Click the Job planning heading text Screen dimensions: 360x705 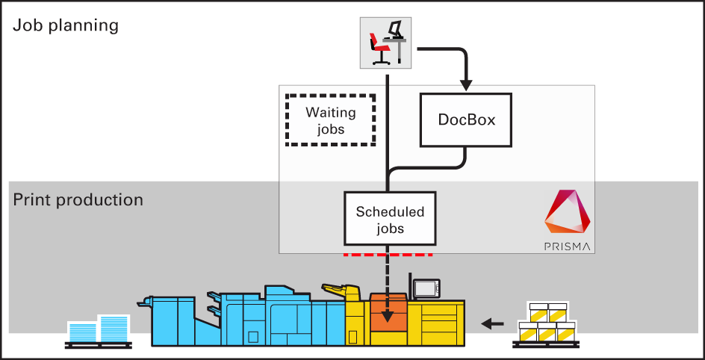click(x=66, y=25)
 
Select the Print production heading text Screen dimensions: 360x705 click(x=78, y=200)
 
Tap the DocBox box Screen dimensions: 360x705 click(x=466, y=120)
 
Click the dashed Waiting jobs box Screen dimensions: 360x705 click(x=330, y=120)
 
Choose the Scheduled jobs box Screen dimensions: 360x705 click(x=389, y=219)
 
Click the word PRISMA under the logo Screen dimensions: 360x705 click(x=567, y=246)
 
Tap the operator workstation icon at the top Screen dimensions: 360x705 click(x=388, y=41)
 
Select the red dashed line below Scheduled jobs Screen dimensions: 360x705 click(x=388, y=255)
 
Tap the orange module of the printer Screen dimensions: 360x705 click(x=388, y=314)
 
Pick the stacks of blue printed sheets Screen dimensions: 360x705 click(x=98, y=329)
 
